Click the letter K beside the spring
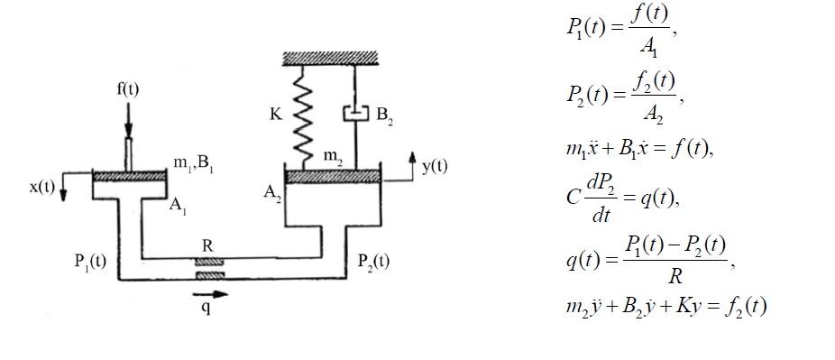[276, 115]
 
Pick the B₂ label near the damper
[384, 115]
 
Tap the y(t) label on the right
[435, 167]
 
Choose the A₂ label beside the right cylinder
[272, 192]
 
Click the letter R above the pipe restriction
[207, 246]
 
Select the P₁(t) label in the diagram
[90, 262]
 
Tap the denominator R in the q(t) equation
[674, 277]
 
